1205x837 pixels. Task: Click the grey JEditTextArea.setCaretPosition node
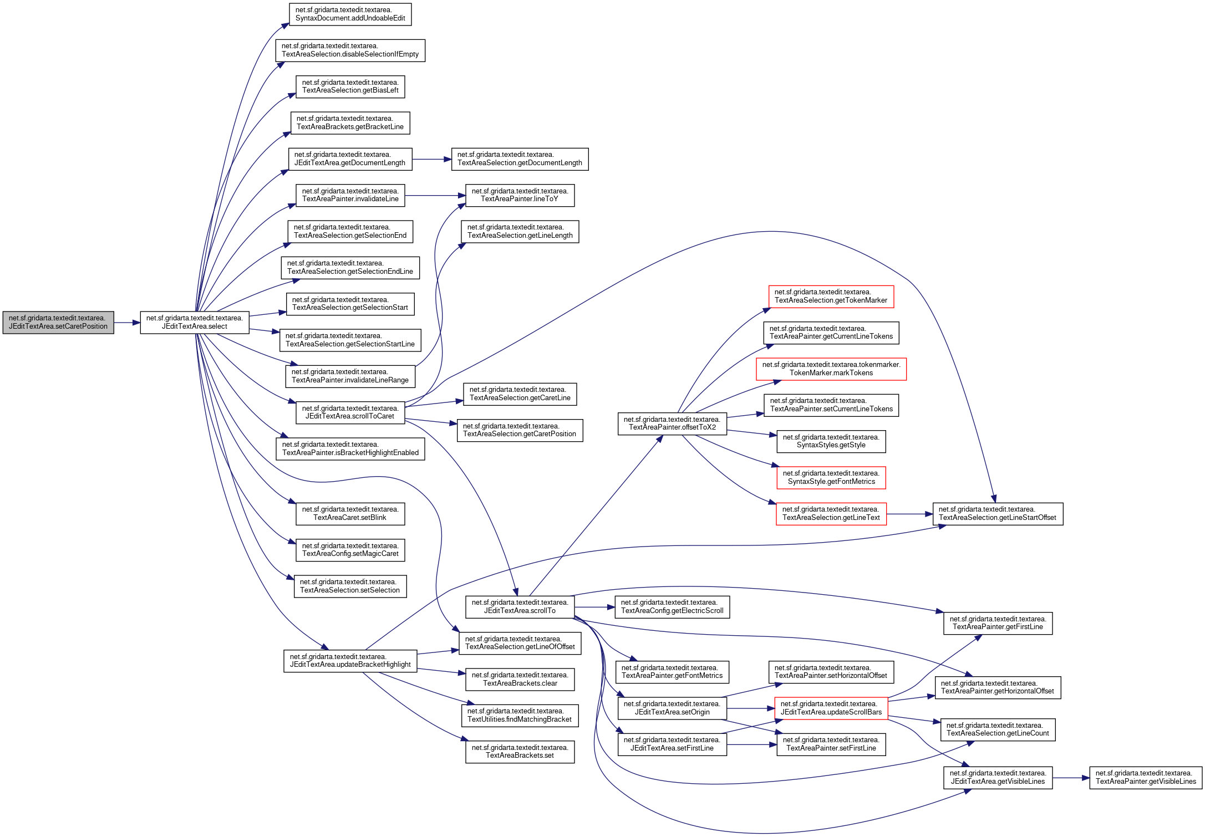[58, 323]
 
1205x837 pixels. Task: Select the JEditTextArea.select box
[195, 323]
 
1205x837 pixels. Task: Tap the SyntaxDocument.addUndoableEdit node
[350, 14]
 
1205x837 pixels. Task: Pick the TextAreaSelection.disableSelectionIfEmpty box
[350, 50]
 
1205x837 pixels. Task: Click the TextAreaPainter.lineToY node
[520, 196]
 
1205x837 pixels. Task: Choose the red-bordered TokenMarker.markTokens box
[831, 369]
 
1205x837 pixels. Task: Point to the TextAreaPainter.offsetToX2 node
[672, 424]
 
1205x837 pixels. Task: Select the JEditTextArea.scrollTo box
[520, 607]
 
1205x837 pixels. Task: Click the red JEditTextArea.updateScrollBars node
[831, 708]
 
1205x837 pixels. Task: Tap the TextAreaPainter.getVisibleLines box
[1146, 778]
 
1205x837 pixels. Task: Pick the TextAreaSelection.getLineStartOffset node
[997, 514]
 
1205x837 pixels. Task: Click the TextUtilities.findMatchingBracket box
[520, 716]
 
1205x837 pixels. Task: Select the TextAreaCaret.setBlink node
[350, 514]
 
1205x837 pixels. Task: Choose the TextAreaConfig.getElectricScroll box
[672, 607]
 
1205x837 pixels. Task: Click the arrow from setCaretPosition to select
[127, 323]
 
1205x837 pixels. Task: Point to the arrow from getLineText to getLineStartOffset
[909, 514]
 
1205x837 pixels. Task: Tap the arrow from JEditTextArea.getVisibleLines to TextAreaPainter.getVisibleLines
[1070, 778]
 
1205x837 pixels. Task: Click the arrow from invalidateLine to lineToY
[435, 196]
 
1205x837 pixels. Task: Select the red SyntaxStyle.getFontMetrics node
[831, 478]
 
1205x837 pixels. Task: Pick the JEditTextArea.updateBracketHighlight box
[350, 661]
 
